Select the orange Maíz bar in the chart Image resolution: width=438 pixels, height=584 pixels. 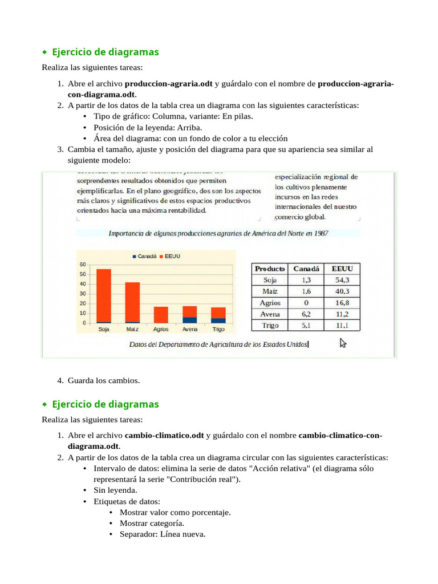[x=132, y=302]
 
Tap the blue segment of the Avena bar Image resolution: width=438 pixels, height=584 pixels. [x=190, y=320]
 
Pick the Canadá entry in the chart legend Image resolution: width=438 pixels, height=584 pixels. [x=144, y=257]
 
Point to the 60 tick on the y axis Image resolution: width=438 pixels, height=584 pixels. [x=83, y=264]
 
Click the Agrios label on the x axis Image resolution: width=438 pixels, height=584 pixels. [x=161, y=329]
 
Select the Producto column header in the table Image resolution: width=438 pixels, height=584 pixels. [x=270, y=269]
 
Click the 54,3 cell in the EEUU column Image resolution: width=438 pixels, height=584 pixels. [x=342, y=280]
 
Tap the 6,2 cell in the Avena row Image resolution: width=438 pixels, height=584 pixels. [x=306, y=314]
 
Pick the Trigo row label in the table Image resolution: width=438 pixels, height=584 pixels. [x=270, y=326]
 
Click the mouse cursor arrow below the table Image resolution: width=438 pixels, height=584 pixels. [x=343, y=342]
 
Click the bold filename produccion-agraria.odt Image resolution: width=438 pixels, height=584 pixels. [x=169, y=84]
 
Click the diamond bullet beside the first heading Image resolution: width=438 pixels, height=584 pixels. [x=44, y=52]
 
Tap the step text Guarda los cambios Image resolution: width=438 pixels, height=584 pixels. [x=103, y=380]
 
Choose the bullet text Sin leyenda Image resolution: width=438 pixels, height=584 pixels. [x=115, y=490]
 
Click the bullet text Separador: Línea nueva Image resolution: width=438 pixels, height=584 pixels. [x=163, y=534]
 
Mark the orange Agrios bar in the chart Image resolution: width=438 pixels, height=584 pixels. [x=161, y=315]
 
